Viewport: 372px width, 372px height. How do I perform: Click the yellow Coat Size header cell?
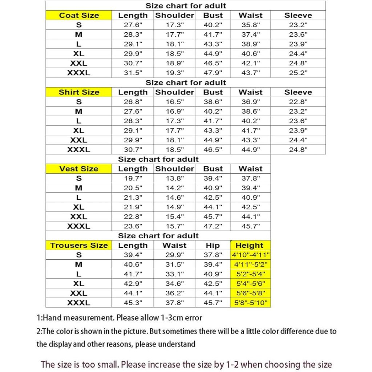click(x=79, y=15)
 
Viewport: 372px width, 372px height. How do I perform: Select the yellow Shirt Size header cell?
click(x=79, y=92)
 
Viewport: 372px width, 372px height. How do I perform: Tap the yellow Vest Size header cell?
click(x=79, y=169)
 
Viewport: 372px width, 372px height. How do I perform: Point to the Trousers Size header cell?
click(x=79, y=246)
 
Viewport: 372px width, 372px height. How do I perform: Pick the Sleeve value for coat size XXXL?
click(x=298, y=73)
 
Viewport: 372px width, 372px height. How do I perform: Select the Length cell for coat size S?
click(x=133, y=25)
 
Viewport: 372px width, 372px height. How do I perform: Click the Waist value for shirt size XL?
click(x=251, y=130)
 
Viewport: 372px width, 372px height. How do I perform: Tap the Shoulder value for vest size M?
click(x=175, y=188)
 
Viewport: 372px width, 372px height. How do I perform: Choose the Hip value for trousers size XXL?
click(x=213, y=293)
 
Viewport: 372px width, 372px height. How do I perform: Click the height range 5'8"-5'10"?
click(x=251, y=303)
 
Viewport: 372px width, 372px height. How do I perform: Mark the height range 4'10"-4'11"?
click(x=251, y=255)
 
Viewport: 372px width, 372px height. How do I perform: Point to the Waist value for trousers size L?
click(x=175, y=274)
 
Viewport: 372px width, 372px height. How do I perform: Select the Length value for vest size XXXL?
click(x=133, y=226)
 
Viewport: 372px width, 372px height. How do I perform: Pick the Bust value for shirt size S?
click(x=213, y=102)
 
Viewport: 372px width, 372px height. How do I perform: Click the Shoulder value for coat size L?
click(x=175, y=44)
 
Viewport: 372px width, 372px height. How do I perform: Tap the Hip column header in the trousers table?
click(x=213, y=246)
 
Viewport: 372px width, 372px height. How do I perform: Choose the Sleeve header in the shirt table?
click(x=298, y=92)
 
